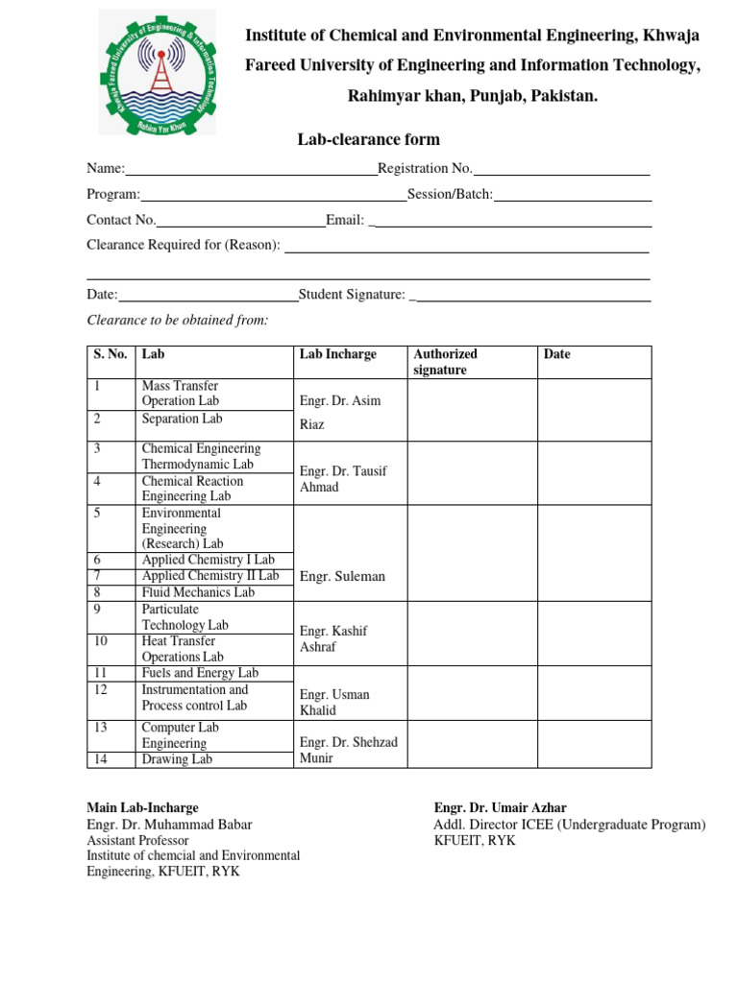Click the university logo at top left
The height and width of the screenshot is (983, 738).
point(157,72)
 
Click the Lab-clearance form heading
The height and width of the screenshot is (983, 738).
point(355,140)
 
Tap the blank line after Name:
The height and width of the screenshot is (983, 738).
point(251,170)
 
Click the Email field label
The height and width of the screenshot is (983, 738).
point(344,221)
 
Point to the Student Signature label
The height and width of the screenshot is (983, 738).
point(352,295)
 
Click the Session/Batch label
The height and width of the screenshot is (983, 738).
point(450,195)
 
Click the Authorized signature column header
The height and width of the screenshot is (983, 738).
point(445,362)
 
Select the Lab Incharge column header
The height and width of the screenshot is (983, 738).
point(338,354)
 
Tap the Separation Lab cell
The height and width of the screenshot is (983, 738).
point(182,420)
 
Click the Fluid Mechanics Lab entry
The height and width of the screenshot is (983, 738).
point(198,592)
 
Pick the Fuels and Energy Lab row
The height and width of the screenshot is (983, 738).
point(200,673)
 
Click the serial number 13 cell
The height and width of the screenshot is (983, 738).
point(100,728)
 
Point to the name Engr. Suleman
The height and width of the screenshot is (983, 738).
point(342,577)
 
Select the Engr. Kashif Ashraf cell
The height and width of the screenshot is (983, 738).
point(334,639)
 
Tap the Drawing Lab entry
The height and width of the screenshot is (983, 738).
point(177,759)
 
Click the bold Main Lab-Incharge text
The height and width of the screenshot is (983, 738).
point(142,808)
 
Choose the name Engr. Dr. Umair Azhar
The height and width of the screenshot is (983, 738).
point(500,808)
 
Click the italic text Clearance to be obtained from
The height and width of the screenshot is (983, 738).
point(178,320)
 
